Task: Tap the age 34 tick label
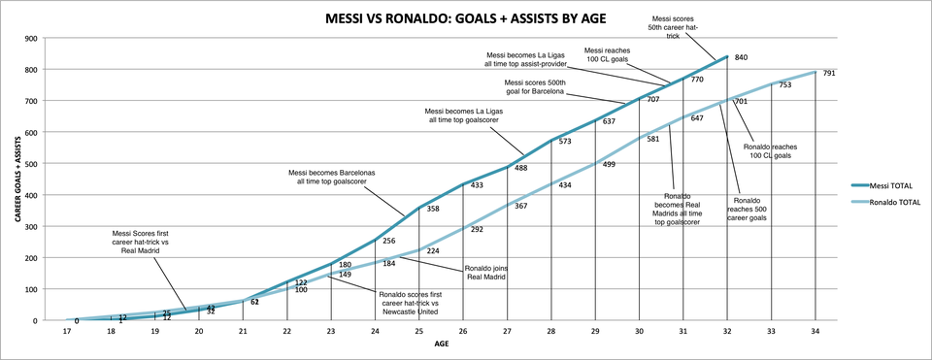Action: coord(815,331)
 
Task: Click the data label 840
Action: coord(743,58)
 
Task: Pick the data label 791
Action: coord(830,73)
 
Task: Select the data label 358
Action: coord(435,209)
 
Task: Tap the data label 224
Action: coord(434,249)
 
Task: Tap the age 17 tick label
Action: coord(67,331)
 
